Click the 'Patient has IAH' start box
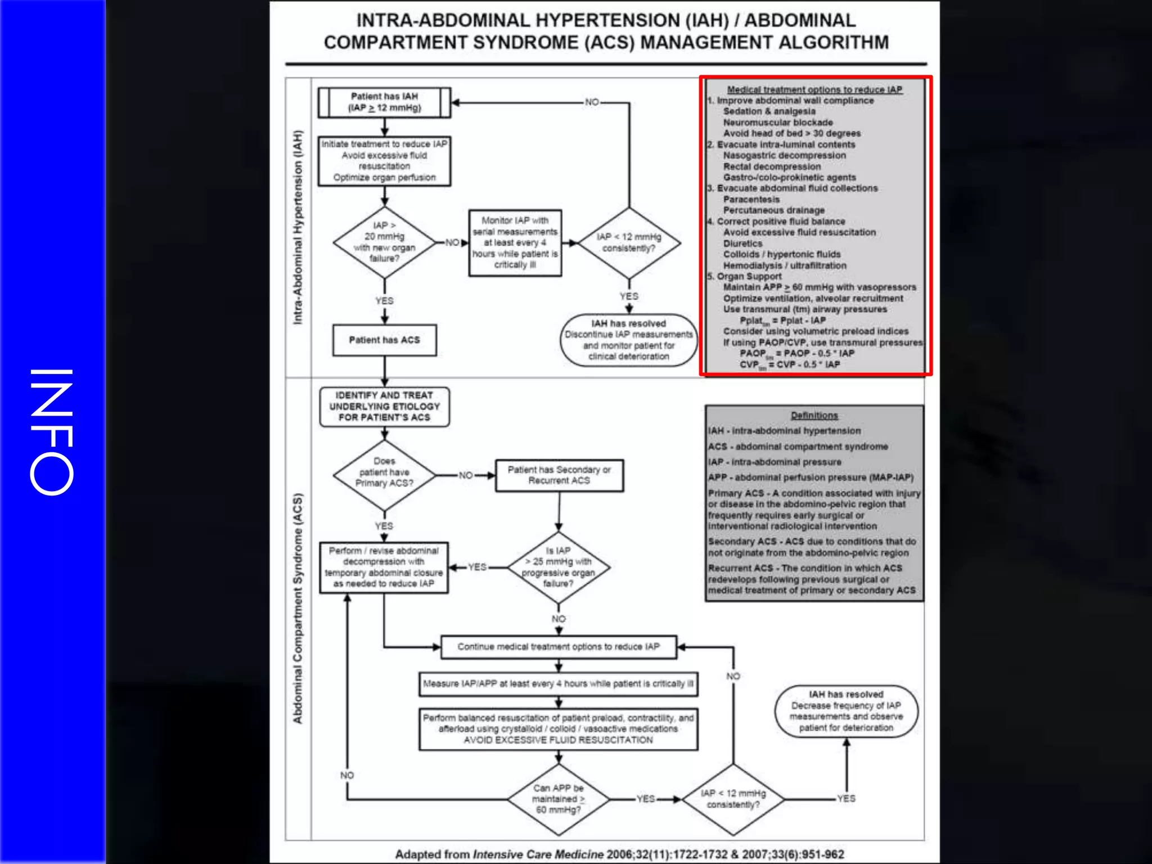pyautogui.click(x=384, y=102)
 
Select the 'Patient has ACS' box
pyautogui.click(x=384, y=340)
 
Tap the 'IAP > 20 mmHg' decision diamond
pyautogui.click(x=384, y=242)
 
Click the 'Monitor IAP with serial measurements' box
pyautogui.click(x=515, y=243)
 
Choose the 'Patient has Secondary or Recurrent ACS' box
pyautogui.click(x=559, y=475)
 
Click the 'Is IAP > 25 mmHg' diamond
pyautogui.click(x=558, y=567)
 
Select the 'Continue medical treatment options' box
pyautogui.click(x=559, y=647)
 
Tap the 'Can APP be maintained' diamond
pyautogui.click(x=559, y=799)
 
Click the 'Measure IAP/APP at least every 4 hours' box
pyautogui.click(x=559, y=684)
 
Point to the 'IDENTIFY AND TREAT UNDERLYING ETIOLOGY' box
pyautogui.click(x=384, y=407)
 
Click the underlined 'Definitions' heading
pyautogui.click(x=814, y=416)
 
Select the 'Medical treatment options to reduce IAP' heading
pyautogui.click(x=814, y=89)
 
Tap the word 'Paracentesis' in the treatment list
pyautogui.click(x=751, y=200)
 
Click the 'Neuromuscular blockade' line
pyautogui.click(x=778, y=123)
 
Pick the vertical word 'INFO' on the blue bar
pyautogui.click(x=52, y=432)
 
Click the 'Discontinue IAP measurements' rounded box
pyautogui.click(x=629, y=340)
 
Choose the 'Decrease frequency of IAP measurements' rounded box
pyautogui.click(x=846, y=711)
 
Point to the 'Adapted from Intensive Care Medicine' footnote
pyautogui.click(x=619, y=854)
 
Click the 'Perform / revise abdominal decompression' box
pyautogui.click(x=384, y=567)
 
